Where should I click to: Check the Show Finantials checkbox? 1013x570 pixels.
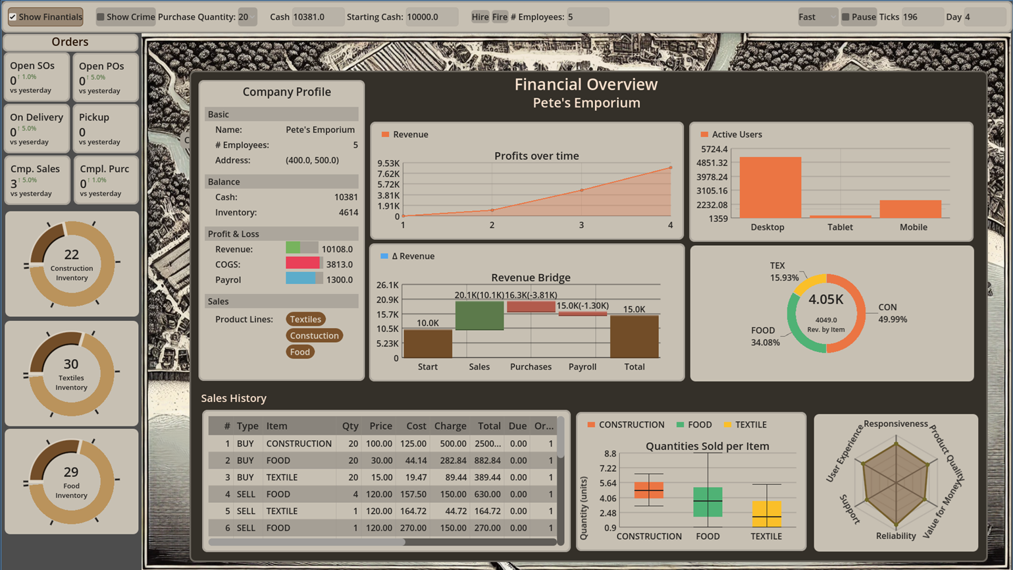13,17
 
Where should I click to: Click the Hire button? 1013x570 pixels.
480,17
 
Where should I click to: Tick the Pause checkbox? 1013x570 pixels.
846,17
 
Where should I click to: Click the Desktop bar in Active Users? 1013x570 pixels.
770,187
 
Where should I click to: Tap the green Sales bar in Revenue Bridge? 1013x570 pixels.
479,315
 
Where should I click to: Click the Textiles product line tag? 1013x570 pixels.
305,319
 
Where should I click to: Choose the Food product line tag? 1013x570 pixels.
299,352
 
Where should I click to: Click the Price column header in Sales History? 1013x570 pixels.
380,426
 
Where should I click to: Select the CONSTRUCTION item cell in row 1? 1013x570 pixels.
299,443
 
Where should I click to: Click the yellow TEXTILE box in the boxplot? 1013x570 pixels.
767,513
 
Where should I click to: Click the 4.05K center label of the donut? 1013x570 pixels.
825,300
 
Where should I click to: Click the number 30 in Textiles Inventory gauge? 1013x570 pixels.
71,364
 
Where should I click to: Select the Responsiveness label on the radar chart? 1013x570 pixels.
895,424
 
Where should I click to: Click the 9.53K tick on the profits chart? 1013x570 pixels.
388,163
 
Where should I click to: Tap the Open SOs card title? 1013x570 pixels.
32,66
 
